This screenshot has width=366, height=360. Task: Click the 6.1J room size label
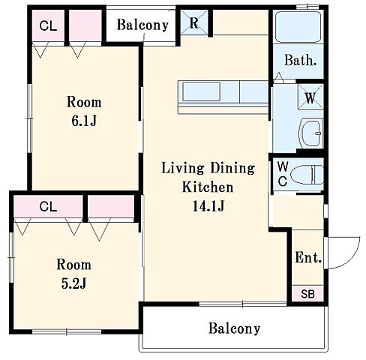(84, 121)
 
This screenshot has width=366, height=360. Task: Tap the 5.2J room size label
(73, 283)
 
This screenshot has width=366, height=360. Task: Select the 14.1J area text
(208, 206)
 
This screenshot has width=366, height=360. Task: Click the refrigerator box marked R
(194, 22)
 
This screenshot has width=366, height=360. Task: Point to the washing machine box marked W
(310, 97)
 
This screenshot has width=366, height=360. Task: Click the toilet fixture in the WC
(307, 175)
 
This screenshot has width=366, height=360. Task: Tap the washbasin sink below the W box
(310, 133)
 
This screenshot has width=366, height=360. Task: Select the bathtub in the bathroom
(298, 27)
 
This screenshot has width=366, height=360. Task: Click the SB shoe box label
(307, 294)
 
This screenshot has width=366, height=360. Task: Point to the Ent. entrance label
(308, 257)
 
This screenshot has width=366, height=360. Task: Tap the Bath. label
(301, 60)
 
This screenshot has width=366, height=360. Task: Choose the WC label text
(283, 174)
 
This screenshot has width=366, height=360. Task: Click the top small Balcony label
(142, 25)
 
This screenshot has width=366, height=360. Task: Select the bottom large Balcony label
(235, 328)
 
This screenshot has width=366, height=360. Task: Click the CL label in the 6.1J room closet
(48, 25)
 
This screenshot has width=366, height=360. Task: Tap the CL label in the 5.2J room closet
(48, 207)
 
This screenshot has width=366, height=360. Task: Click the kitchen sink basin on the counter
(202, 91)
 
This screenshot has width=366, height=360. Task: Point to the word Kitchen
(208, 187)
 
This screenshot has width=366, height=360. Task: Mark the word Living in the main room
(183, 168)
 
